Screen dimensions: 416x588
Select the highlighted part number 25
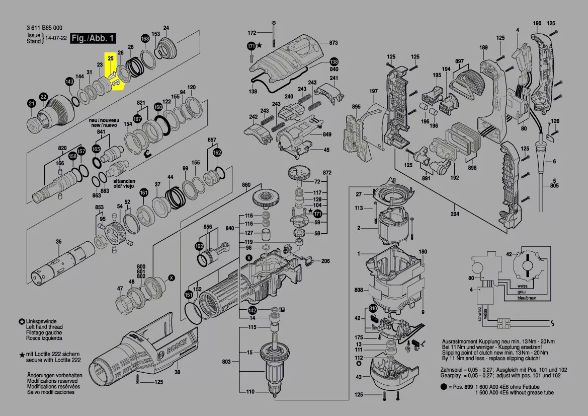[x=111, y=59]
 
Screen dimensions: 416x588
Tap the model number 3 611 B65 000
[x=44, y=28]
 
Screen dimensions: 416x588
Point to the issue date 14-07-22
[x=56, y=38]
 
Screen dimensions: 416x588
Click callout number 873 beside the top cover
[x=333, y=43]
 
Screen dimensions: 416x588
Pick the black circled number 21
[x=32, y=104]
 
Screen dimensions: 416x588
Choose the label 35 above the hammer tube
[x=59, y=242]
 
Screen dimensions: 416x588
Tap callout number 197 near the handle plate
[x=373, y=91]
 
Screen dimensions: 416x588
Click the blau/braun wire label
[x=527, y=298]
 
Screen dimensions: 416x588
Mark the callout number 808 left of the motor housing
[x=359, y=290]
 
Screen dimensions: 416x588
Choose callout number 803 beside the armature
[x=226, y=362]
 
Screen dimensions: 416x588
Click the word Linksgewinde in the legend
[x=41, y=321]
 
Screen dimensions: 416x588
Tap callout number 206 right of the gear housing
[x=325, y=261]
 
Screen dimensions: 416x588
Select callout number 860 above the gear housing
[x=246, y=185]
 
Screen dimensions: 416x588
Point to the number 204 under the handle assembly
[x=455, y=214]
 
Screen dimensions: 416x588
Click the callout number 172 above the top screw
[x=252, y=33]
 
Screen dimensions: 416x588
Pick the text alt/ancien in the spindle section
[x=123, y=180]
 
